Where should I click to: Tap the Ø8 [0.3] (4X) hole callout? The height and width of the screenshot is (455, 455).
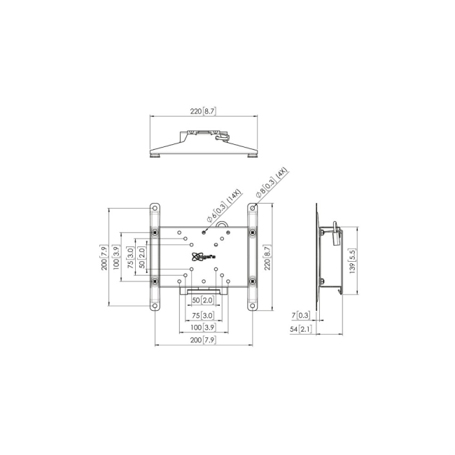coord(271,184)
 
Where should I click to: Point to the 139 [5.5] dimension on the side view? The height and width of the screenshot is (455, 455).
coord(353,260)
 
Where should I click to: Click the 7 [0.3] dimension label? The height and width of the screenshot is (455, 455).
coord(301,316)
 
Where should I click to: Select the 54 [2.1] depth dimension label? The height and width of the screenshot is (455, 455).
coord(301,328)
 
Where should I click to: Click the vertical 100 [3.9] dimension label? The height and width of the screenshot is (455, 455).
coord(117,257)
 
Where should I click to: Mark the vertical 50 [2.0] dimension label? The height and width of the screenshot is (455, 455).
coord(142,257)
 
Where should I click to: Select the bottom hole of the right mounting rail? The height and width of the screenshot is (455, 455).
coord(252,305)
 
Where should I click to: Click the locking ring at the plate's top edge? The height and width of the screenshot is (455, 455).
coord(223,225)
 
